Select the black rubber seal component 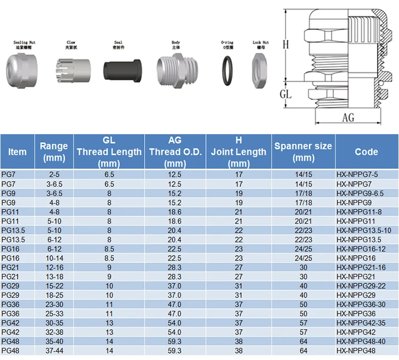121,70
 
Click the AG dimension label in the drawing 348,118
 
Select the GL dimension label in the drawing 286,95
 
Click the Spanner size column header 303,152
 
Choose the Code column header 366,152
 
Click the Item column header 17,152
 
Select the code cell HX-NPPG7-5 357,174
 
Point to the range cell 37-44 54,350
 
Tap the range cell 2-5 54,174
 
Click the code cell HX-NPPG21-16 360,266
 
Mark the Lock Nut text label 261,42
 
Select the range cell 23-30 54,304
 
